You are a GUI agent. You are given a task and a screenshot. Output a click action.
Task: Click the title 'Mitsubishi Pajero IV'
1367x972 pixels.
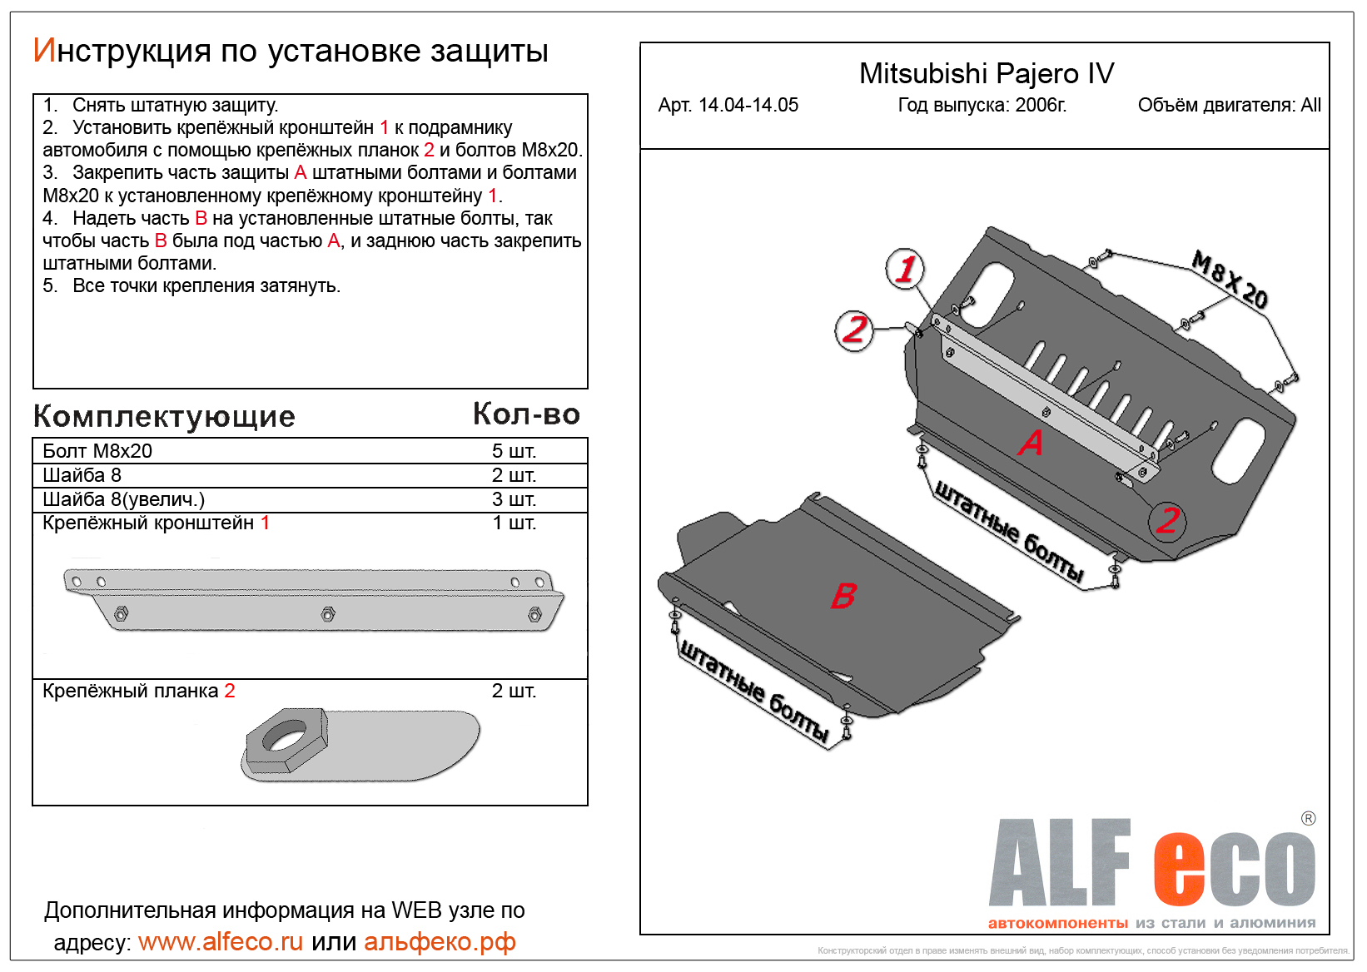coord(986,74)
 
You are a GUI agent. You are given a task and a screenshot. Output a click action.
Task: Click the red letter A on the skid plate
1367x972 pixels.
coord(1031,442)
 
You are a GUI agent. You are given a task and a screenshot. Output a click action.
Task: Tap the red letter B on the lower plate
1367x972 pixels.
coord(843,595)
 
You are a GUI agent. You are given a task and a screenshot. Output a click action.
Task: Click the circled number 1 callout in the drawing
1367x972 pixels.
coord(905,269)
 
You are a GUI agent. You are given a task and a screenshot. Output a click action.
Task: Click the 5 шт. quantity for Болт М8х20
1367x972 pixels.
coord(514,451)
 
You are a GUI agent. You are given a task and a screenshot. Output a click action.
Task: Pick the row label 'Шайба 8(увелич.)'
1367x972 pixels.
coord(123,499)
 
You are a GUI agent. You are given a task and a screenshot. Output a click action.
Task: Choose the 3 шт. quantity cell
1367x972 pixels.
coord(514,499)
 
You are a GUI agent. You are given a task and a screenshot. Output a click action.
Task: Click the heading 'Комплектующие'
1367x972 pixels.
coord(164,416)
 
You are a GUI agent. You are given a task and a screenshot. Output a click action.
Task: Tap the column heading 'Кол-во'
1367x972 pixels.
coord(526,414)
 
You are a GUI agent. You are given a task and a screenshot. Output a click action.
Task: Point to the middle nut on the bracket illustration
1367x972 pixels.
coord(328,614)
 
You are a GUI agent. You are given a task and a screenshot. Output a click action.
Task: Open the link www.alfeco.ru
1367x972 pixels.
coord(221,941)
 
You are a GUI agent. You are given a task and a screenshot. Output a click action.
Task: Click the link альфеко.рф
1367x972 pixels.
coord(440,941)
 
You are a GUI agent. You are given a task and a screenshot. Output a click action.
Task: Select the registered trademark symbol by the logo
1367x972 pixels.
coord(1308,818)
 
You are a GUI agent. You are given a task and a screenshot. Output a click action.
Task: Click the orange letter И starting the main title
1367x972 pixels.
coord(44,51)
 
